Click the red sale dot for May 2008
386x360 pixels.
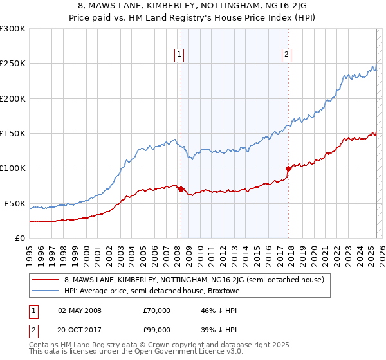click(x=181, y=189)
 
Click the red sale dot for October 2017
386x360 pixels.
click(x=288, y=169)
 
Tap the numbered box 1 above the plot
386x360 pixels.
click(x=178, y=55)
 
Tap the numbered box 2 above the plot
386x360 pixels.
click(x=286, y=55)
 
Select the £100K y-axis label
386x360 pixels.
click(x=13, y=168)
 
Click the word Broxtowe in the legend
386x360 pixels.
click(x=222, y=291)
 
